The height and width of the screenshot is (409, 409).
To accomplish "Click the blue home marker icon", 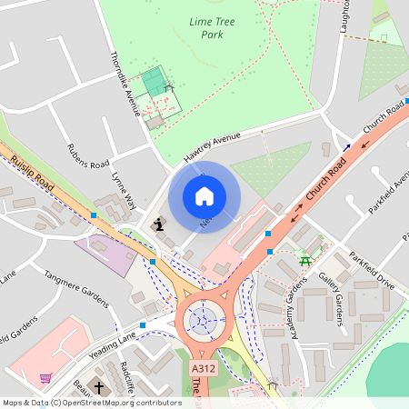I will pyautogui.click(x=204, y=196).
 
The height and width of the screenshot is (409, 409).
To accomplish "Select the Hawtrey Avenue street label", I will pyautogui.click(x=213, y=143).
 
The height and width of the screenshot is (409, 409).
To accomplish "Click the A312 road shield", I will pyautogui.click(x=204, y=369).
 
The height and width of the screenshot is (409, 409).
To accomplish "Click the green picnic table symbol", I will pyautogui.click(x=305, y=262).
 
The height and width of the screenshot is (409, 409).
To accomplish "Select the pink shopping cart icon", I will pyautogui.click(x=45, y=378).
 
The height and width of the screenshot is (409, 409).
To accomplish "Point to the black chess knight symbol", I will pyautogui.click(x=159, y=224).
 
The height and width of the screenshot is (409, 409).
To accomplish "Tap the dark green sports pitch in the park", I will pyautogui.click(x=155, y=83).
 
